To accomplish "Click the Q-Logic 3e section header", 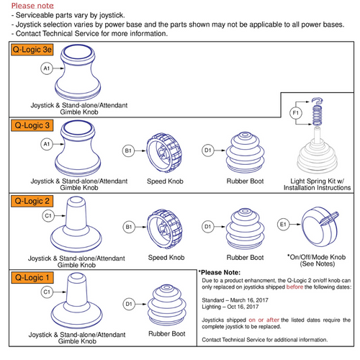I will [x=33, y=52].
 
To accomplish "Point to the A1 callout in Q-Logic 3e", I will [x=47, y=68].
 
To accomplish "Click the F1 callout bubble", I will [x=295, y=114].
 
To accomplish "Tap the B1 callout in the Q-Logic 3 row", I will [x=129, y=150].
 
